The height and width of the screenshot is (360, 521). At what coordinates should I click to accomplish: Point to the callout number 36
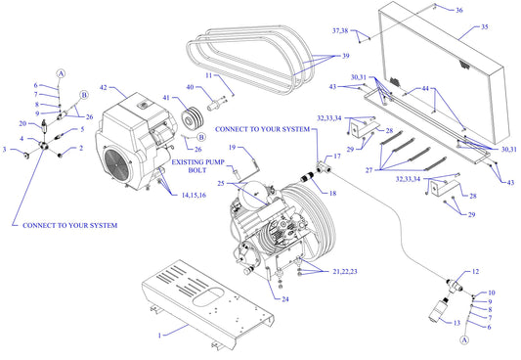click(x=459, y=10)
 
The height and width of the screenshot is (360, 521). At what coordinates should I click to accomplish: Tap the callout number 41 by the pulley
click(x=167, y=99)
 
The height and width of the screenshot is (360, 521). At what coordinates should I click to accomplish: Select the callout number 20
click(x=22, y=123)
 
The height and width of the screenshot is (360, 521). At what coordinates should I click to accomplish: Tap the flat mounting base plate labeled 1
click(x=205, y=298)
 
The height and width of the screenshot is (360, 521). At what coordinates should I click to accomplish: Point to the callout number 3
click(x=5, y=150)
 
